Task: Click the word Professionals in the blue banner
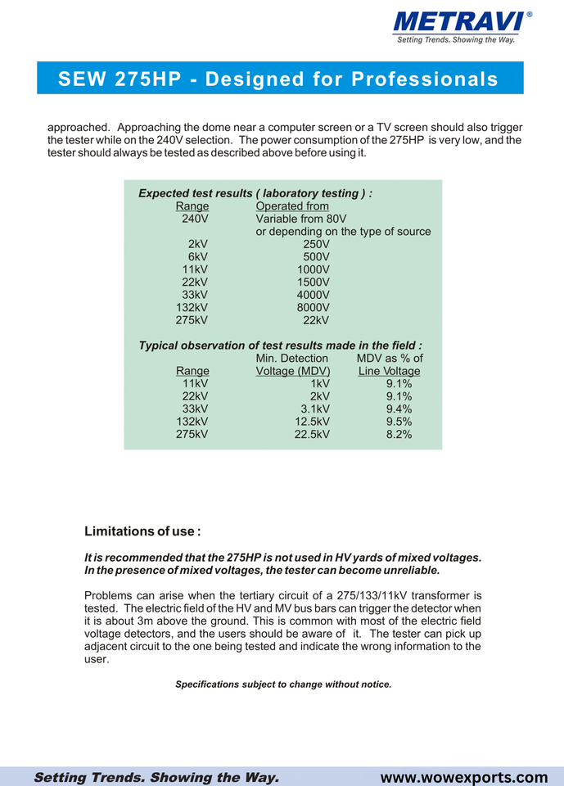pyautogui.click(x=424, y=79)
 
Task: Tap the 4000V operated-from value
pyautogui.click(x=313, y=295)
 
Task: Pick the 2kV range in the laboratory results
pyautogui.click(x=197, y=244)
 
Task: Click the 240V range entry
pyautogui.click(x=195, y=219)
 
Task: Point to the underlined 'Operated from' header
pyautogui.click(x=292, y=206)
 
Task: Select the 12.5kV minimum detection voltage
pyautogui.click(x=312, y=422)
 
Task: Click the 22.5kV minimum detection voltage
pyautogui.click(x=312, y=435)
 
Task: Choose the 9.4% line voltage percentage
pyautogui.click(x=399, y=409)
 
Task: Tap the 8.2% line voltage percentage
pyautogui.click(x=399, y=435)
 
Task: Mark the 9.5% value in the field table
pyautogui.click(x=399, y=422)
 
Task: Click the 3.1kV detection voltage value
pyautogui.click(x=315, y=409)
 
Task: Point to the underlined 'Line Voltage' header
pyautogui.click(x=390, y=372)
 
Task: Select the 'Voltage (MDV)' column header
pyautogui.click(x=293, y=372)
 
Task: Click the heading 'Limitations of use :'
pyautogui.click(x=142, y=531)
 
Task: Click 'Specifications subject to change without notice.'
pyautogui.click(x=283, y=684)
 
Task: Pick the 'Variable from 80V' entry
pyautogui.click(x=301, y=219)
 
